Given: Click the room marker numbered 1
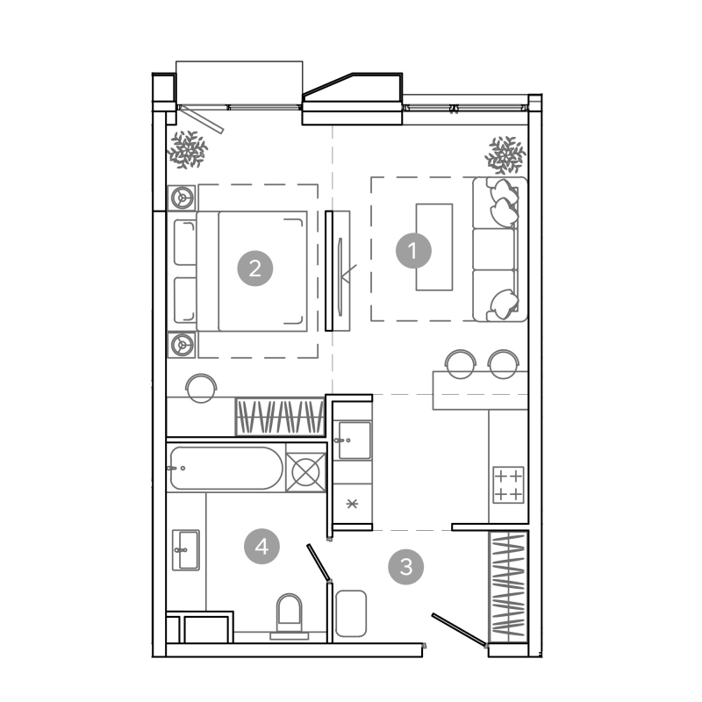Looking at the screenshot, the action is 413,251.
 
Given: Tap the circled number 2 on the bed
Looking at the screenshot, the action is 255,269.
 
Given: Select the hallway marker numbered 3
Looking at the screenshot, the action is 405,567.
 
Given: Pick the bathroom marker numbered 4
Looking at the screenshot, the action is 261,546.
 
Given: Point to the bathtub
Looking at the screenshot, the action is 226,468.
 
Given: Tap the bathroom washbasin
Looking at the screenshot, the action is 186,550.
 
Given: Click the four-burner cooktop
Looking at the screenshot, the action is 508,485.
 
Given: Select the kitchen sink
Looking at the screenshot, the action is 355,441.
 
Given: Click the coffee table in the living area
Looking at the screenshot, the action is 434,247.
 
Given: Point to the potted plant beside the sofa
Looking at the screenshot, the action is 505,155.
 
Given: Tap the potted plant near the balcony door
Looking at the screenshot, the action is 188,149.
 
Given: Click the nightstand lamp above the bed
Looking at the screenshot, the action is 182,197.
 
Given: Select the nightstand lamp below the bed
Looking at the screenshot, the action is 182,345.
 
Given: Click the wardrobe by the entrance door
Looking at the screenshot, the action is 508,587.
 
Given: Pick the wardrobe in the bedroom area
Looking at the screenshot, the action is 280,417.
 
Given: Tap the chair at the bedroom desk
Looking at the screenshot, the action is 202,388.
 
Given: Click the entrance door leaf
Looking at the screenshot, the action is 459,630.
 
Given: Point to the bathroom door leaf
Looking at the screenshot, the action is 319,562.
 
